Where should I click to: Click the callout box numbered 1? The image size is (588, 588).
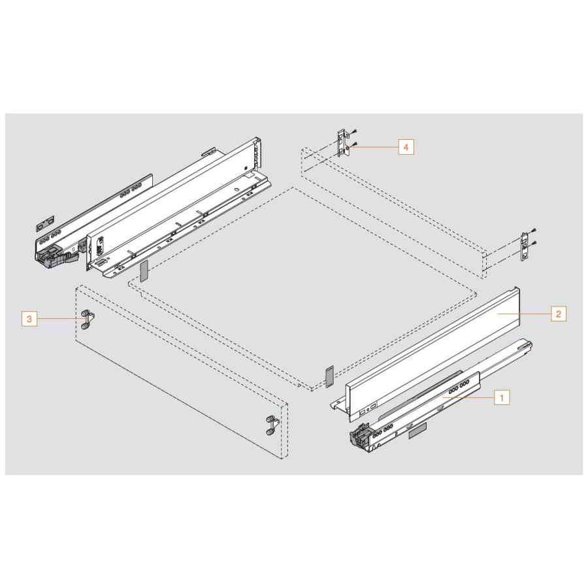tap(501, 397)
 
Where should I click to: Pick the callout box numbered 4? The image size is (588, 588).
tap(405, 148)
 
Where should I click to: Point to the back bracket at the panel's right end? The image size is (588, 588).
tap(524, 247)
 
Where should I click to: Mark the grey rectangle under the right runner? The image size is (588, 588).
tap(416, 430)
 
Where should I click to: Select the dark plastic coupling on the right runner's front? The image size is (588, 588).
tap(363, 438)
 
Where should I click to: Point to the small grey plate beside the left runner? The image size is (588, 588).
tap(45, 224)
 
